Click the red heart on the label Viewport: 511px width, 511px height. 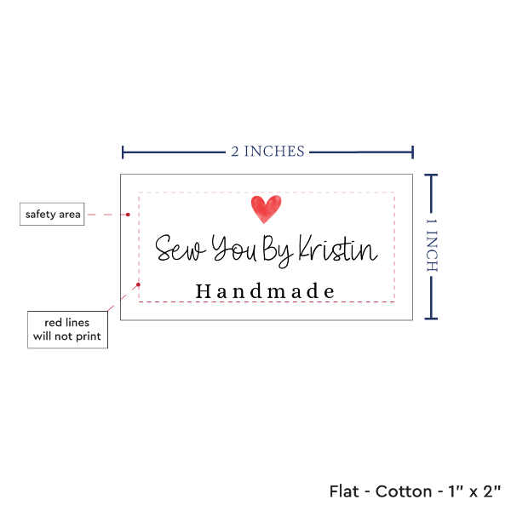266,209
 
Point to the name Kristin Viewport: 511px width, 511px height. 336,250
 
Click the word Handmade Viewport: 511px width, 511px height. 265,291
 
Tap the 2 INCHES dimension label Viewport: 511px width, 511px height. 267,152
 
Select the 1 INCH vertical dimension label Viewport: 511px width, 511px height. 431,245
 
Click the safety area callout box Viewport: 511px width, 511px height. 52,215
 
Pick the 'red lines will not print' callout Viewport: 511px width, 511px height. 67,330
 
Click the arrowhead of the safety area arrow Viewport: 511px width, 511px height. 133,215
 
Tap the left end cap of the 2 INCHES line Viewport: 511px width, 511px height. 123,152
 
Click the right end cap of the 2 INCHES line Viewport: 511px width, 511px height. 413,152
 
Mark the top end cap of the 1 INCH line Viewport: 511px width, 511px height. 431,175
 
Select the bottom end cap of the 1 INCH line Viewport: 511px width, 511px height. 431,319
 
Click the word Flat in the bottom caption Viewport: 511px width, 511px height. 345,491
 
